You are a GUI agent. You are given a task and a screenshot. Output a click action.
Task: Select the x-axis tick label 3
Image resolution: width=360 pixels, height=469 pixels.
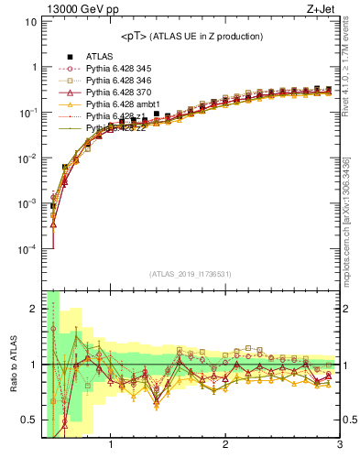pyautogui.click(x=340, y=446)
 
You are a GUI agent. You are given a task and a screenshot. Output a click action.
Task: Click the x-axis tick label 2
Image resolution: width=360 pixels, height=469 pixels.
pyautogui.click(x=225, y=446)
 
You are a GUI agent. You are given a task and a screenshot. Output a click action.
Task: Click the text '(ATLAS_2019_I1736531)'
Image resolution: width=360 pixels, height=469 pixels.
pyautogui.click(x=190, y=272)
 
